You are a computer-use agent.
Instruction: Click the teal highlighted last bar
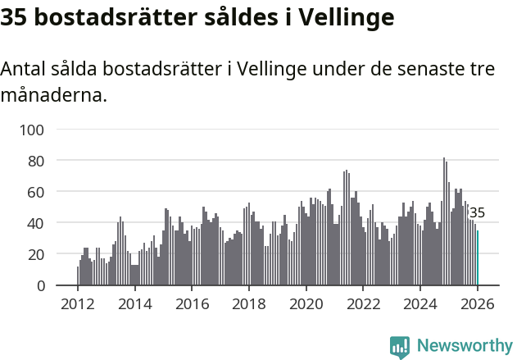pyautogui.click(x=478, y=258)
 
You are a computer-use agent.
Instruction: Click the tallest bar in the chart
pyautogui.click(x=444, y=221)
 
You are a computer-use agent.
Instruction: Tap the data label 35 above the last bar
pyautogui.click(x=477, y=213)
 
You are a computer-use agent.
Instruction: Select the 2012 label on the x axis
pyautogui.click(x=78, y=304)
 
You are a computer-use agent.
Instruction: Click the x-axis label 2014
pyautogui.click(x=135, y=304)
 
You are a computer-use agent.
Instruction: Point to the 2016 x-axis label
pyautogui.click(x=192, y=304)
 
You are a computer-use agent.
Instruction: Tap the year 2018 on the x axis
pyautogui.click(x=249, y=304)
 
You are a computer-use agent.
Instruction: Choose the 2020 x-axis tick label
pyautogui.click(x=306, y=304)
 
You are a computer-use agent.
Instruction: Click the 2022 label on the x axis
pyautogui.click(x=364, y=304)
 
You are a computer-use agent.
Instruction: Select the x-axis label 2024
pyautogui.click(x=420, y=304)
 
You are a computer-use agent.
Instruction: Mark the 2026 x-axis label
pyautogui.click(x=478, y=304)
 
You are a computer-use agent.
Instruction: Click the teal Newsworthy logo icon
pyautogui.click(x=400, y=347)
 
